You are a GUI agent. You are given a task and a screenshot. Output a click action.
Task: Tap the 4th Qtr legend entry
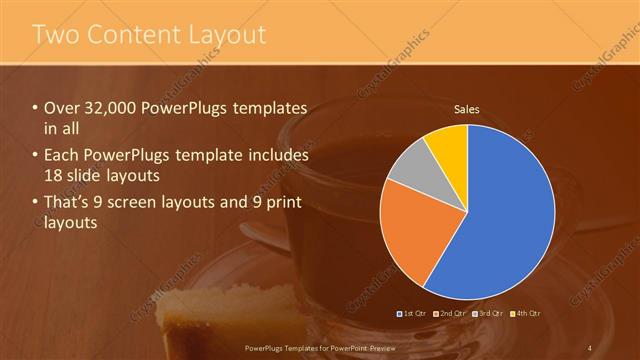(527, 314)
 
